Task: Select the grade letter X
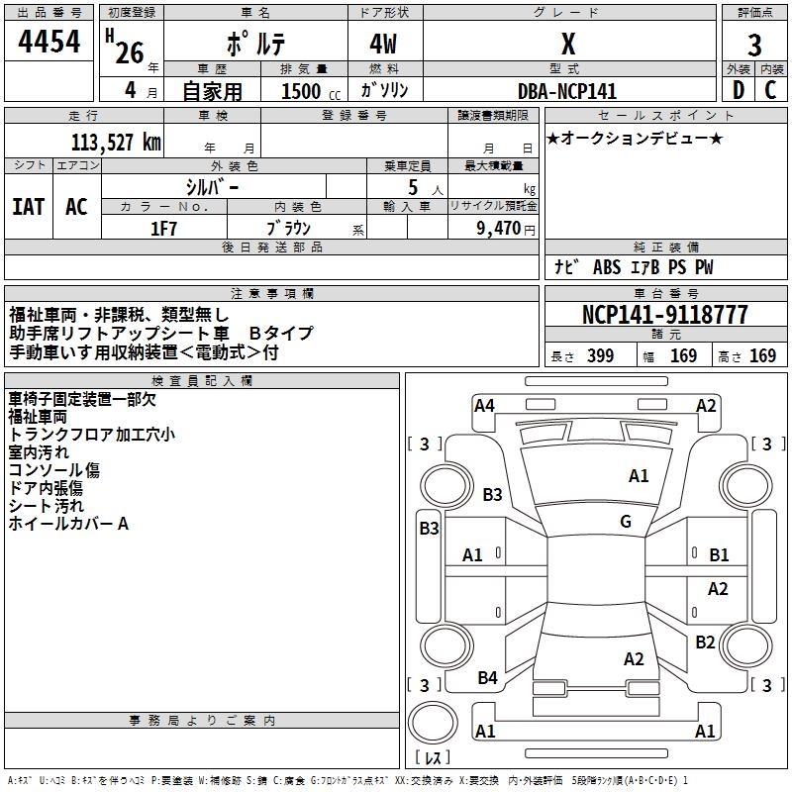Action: (x=567, y=44)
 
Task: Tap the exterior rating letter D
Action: (x=737, y=89)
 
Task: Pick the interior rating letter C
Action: (x=770, y=89)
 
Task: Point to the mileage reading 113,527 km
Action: (x=115, y=142)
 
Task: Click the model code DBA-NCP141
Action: (x=567, y=91)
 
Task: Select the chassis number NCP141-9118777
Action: (x=664, y=315)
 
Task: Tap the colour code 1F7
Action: (x=164, y=228)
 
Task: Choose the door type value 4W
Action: (x=384, y=45)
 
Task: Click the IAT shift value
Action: (x=29, y=206)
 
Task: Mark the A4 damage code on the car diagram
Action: (x=484, y=405)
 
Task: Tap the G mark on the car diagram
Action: (x=626, y=522)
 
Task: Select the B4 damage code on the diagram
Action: (x=487, y=678)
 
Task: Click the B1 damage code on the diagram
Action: (x=719, y=555)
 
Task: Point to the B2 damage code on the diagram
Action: (x=705, y=643)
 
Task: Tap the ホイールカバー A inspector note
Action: (x=68, y=523)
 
